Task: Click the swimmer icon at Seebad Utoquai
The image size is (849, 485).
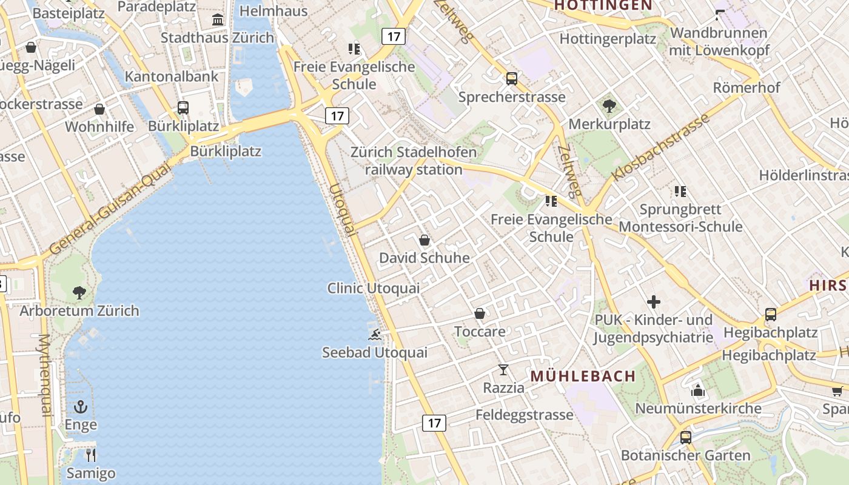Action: pyautogui.click(x=375, y=334)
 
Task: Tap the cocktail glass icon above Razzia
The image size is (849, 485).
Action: pyautogui.click(x=503, y=369)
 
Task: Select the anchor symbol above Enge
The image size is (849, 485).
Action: pyautogui.click(x=81, y=407)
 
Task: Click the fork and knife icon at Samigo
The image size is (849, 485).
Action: pyautogui.click(x=91, y=455)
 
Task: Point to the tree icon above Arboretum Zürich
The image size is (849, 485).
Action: pyautogui.click(x=79, y=293)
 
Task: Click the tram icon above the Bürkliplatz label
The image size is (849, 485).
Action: pyautogui.click(x=183, y=108)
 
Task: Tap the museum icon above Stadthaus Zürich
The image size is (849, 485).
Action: pyautogui.click(x=218, y=20)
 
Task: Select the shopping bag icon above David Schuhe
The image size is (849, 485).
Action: pyautogui.click(x=424, y=240)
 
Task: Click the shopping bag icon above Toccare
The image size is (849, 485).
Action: pyautogui.click(x=480, y=313)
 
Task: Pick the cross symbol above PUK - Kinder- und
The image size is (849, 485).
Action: pyautogui.click(x=654, y=301)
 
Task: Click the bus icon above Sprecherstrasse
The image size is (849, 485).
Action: pyautogui.click(x=512, y=78)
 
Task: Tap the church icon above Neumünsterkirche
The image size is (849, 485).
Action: pyautogui.click(x=698, y=390)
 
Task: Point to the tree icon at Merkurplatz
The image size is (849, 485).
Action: pyautogui.click(x=609, y=106)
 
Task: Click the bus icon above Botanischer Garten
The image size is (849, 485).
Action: pyautogui.click(x=686, y=437)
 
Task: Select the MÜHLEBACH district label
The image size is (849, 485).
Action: pyautogui.click(x=583, y=376)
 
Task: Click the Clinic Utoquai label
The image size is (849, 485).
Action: pyautogui.click(x=373, y=288)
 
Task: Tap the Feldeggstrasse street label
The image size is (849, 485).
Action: pyautogui.click(x=524, y=415)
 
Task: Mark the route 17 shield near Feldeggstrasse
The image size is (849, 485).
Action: pyautogui.click(x=434, y=423)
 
